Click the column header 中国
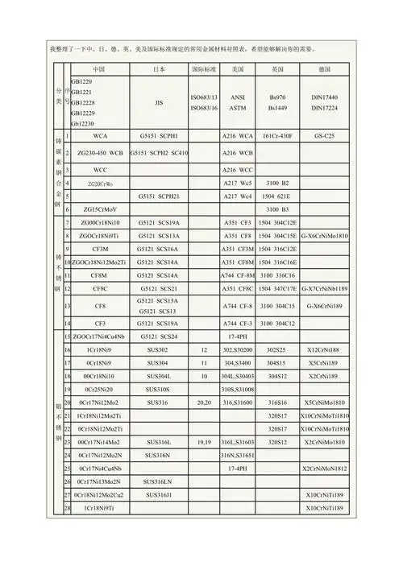pos(100,70)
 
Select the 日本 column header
pos(159,70)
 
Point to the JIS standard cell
pos(159,103)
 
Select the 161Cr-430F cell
pos(277,136)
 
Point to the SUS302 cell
pos(159,350)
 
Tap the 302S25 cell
pos(277,350)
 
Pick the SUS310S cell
pos(159,388)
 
